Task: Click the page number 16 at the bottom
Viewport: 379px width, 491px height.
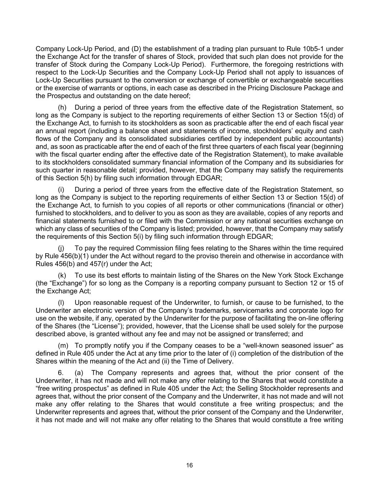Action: pos(189,465)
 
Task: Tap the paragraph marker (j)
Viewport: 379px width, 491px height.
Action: pos(62,248)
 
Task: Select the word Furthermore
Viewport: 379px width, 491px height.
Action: pos(230,65)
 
